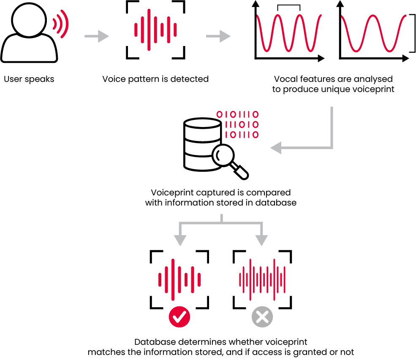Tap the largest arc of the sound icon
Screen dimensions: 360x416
point(65,24)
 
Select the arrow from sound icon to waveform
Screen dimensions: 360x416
point(97,36)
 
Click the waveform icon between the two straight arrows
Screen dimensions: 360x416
point(155,30)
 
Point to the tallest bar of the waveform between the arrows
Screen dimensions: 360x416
point(149,30)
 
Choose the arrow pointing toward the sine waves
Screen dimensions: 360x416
point(218,36)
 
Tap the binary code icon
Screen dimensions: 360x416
point(237,125)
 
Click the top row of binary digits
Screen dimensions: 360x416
point(237,114)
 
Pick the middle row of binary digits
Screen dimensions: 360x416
point(242,125)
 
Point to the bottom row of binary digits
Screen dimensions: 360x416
point(242,135)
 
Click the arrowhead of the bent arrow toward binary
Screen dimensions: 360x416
point(276,148)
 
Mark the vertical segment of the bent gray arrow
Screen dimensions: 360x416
point(332,127)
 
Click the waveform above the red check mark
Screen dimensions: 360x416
point(179,279)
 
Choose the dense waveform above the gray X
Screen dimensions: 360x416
point(262,279)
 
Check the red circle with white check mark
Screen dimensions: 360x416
point(179,317)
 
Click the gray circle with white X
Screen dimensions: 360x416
point(262,317)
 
